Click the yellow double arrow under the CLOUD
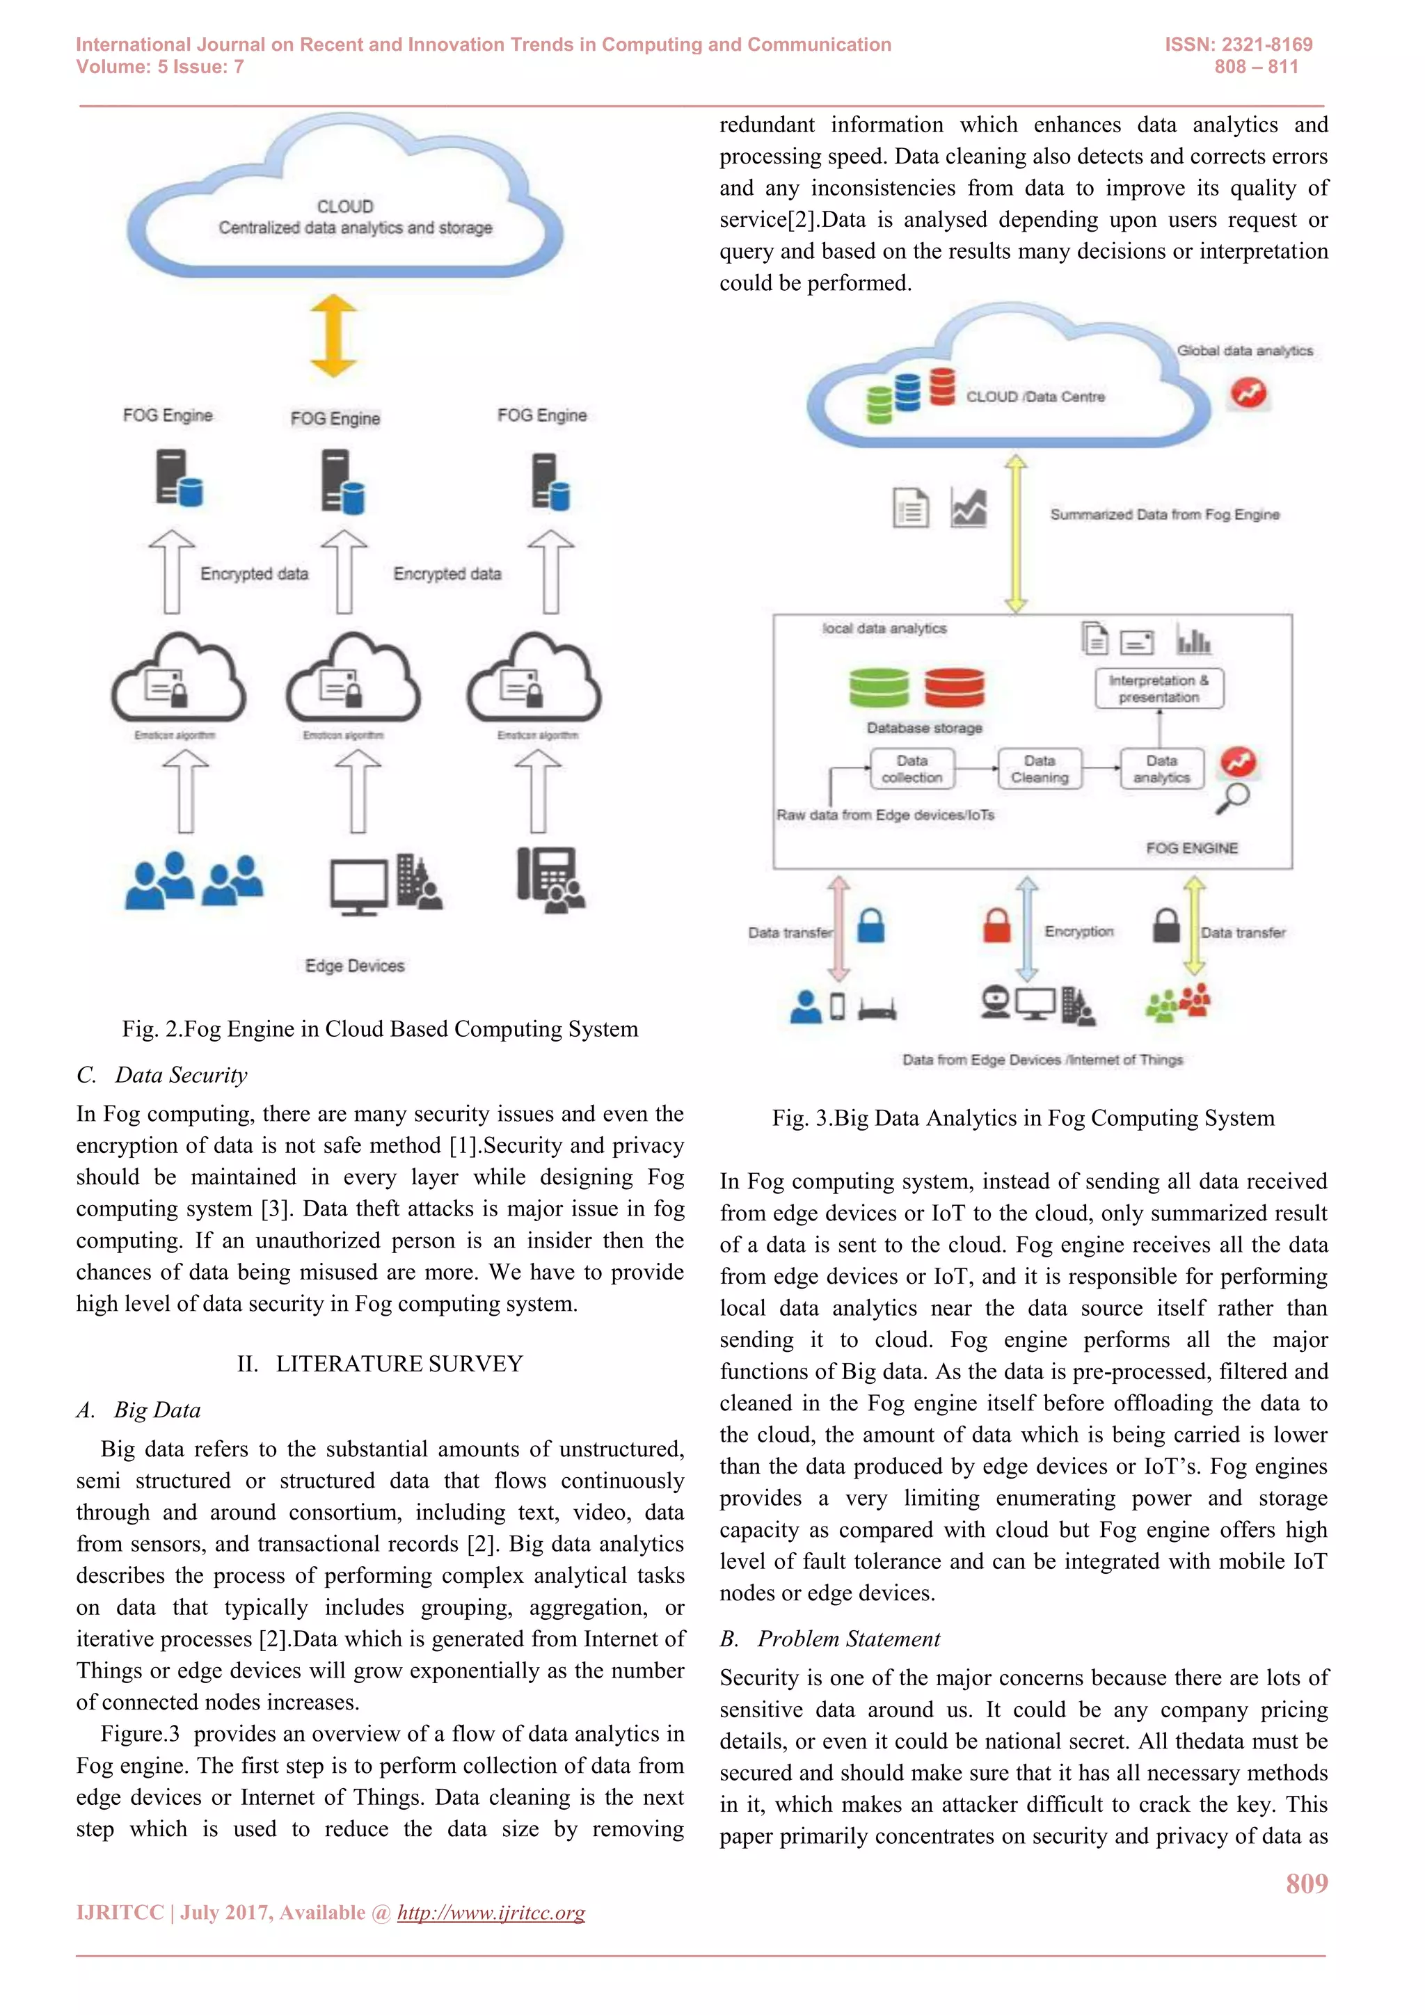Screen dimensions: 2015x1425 click(333, 336)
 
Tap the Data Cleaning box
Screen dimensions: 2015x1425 click(1040, 769)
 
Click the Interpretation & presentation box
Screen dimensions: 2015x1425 click(1159, 689)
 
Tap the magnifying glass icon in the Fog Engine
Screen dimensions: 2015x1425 click(1234, 797)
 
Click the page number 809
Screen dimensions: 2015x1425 click(1307, 1883)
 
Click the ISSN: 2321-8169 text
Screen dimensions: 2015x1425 click(1238, 45)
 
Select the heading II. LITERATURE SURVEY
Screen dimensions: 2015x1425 click(380, 1364)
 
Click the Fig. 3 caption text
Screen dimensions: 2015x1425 click(1023, 1118)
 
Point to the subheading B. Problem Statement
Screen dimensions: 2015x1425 click(829, 1639)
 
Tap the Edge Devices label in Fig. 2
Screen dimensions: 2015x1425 click(354, 965)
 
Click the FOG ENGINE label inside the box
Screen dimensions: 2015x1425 click(1192, 847)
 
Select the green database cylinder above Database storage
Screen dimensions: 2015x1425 click(878, 687)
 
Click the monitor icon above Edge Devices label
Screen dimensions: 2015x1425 click(358, 886)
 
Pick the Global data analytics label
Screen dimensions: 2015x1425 click(1244, 350)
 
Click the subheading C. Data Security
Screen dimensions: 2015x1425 click(162, 1075)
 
